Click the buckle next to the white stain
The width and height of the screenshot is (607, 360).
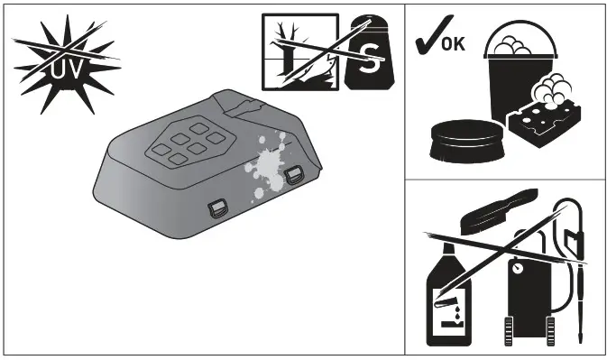[x=295, y=175]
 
